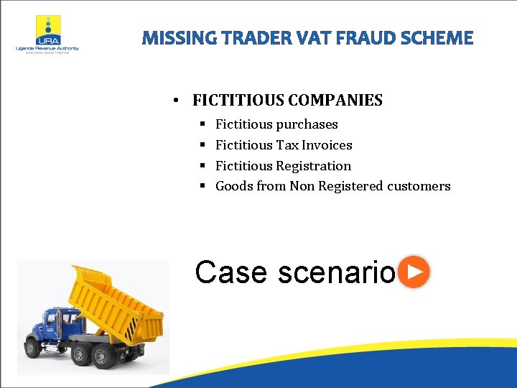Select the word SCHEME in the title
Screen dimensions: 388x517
coord(440,37)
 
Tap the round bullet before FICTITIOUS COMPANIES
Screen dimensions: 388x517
coord(176,101)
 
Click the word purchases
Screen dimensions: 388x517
coord(307,124)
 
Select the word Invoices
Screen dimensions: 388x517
coord(327,145)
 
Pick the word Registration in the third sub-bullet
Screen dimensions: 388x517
coord(314,166)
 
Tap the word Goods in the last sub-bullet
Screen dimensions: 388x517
coord(233,186)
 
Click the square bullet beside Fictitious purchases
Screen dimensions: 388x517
coord(202,124)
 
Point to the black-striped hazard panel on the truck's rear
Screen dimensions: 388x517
coord(131,329)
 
